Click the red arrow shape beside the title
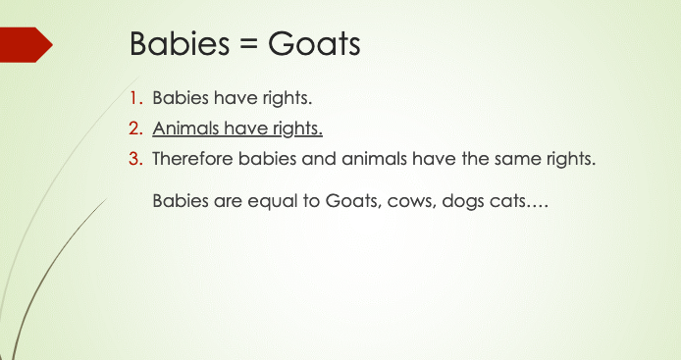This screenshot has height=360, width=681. pyautogui.click(x=26, y=45)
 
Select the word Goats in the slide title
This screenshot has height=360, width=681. pyautogui.click(x=314, y=44)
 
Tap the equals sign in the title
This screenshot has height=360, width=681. pyautogui.click(x=248, y=45)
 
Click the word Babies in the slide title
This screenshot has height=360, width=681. pyautogui.click(x=180, y=43)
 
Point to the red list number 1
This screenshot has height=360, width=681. pyautogui.click(x=136, y=98)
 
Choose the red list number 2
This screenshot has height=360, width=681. pyautogui.click(x=135, y=129)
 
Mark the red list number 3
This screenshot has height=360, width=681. pyautogui.click(x=135, y=159)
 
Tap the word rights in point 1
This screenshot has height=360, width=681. pyautogui.click(x=288, y=98)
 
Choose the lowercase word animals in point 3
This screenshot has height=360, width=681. pyautogui.click(x=374, y=158)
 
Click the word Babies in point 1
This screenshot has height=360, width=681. pyautogui.click(x=181, y=98)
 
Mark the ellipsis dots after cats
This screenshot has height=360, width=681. pyautogui.click(x=537, y=207)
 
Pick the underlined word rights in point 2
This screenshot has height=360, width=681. pyautogui.click(x=297, y=129)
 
